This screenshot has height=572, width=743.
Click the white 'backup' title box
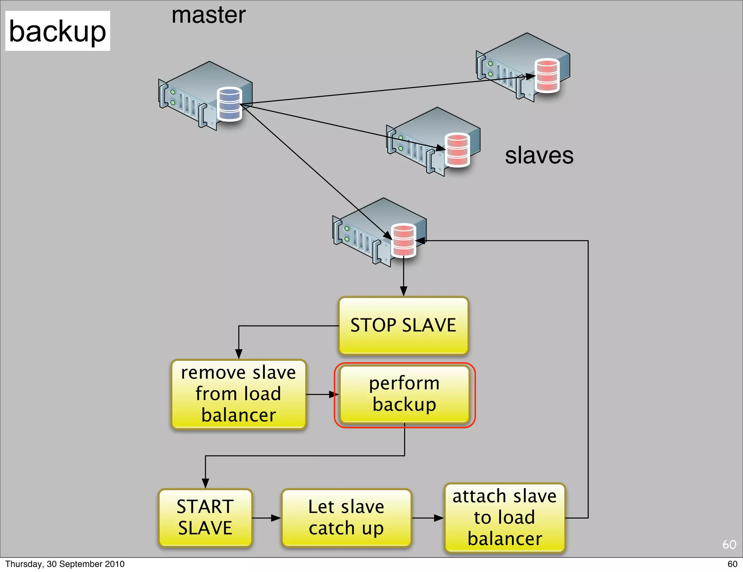coord(57,31)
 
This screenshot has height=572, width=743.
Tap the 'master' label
coord(209,15)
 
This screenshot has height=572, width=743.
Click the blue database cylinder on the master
coord(229,104)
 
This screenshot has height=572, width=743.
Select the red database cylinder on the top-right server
coord(547,75)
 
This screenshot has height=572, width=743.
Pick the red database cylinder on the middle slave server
coord(457,150)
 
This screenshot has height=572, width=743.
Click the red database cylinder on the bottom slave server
coord(404,240)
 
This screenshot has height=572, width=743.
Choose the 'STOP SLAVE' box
coord(403,326)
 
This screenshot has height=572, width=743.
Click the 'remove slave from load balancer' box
coord(238,394)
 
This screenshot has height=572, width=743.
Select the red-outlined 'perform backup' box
coord(405,395)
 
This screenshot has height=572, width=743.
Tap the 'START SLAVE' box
coord(205,518)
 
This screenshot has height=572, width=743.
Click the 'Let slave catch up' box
coord(346,518)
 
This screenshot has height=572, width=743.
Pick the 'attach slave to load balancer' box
coord(505,518)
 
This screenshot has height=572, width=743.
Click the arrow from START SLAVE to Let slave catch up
coord(267,518)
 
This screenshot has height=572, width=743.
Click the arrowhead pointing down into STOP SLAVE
coord(403,291)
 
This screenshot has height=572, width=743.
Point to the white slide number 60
coord(729,544)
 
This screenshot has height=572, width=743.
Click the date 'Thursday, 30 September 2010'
coord(65,564)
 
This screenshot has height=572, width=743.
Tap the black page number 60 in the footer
coord(732,564)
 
